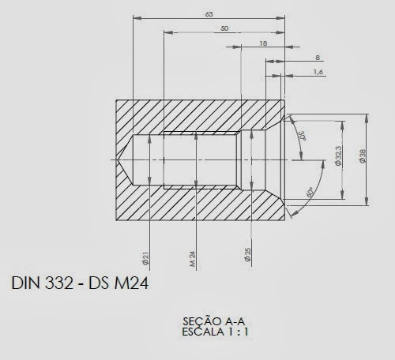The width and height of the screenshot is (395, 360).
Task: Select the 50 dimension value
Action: (224, 28)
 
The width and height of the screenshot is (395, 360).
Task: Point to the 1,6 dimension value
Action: (318, 72)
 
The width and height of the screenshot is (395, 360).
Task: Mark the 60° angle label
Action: (309, 192)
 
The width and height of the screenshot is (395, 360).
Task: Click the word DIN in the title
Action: (26, 283)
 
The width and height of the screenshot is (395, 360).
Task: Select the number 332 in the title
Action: (61, 283)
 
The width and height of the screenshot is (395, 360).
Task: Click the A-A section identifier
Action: (229, 322)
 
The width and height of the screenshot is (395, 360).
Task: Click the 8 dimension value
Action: (317, 58)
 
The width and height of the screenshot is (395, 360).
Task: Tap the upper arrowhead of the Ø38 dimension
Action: (368, 116)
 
